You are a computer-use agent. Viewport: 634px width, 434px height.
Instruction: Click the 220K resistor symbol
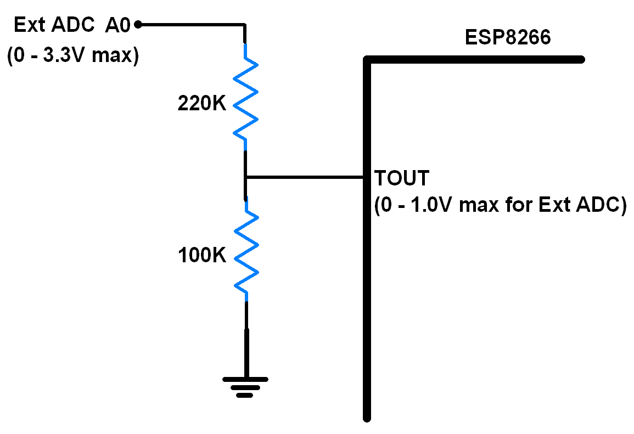pos(245,99)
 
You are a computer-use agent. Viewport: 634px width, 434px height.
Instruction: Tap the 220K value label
pos(201,104)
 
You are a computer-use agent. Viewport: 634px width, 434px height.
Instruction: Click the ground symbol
pos(245,386)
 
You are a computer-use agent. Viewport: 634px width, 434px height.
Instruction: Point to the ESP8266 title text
pos(507,37)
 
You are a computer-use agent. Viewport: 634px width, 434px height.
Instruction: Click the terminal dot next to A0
pos(138,24)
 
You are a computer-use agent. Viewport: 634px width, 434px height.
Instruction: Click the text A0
pos(118,25)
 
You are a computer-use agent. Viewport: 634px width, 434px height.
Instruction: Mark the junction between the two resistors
pos(246,177)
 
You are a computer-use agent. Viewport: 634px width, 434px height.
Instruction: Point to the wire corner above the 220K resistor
pos(244,25)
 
